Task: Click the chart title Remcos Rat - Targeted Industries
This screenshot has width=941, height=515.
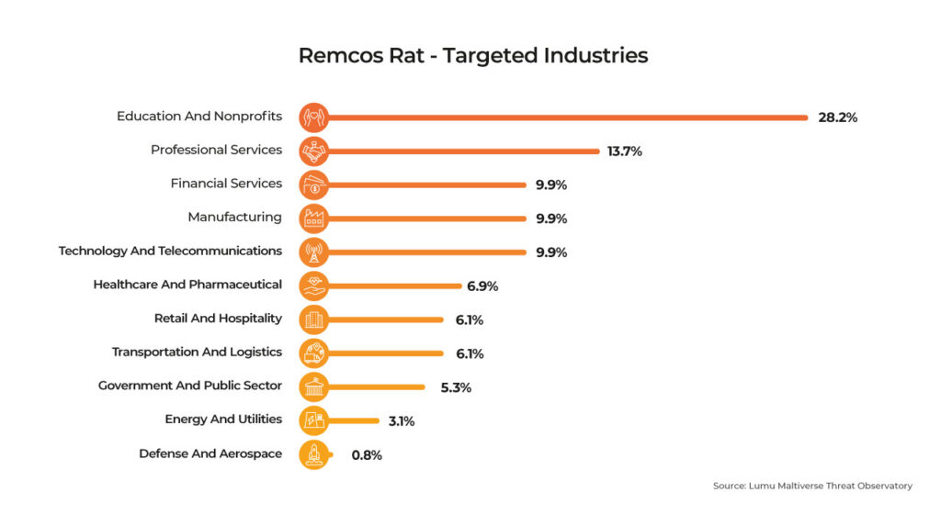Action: click(472, 55)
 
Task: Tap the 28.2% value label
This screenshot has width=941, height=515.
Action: click(837, 118)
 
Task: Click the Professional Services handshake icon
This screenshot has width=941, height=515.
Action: click(314, 151)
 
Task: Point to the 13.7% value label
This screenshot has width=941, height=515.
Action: click(624, 151)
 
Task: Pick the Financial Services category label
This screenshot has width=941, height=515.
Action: click(226, 184)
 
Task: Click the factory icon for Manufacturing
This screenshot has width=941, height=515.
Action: click(314, 218)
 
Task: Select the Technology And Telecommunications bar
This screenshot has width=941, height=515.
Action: click(427, 252)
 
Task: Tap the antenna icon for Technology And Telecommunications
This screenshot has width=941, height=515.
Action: click(314, 252)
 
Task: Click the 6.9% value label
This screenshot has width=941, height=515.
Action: click(482, 286)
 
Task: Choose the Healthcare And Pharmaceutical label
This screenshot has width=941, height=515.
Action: click(187, 285)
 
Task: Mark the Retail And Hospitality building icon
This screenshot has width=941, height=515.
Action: click(314, 319)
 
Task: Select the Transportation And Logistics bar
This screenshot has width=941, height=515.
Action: click(386, 353)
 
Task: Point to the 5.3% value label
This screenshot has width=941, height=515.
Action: click(456, 387)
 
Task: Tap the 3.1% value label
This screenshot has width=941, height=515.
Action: click(401, 421)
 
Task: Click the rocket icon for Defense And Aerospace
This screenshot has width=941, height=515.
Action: click(314, 454)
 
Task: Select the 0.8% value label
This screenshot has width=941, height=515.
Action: click(367, 455)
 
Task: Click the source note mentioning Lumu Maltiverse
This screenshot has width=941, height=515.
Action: click(812, 486)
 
